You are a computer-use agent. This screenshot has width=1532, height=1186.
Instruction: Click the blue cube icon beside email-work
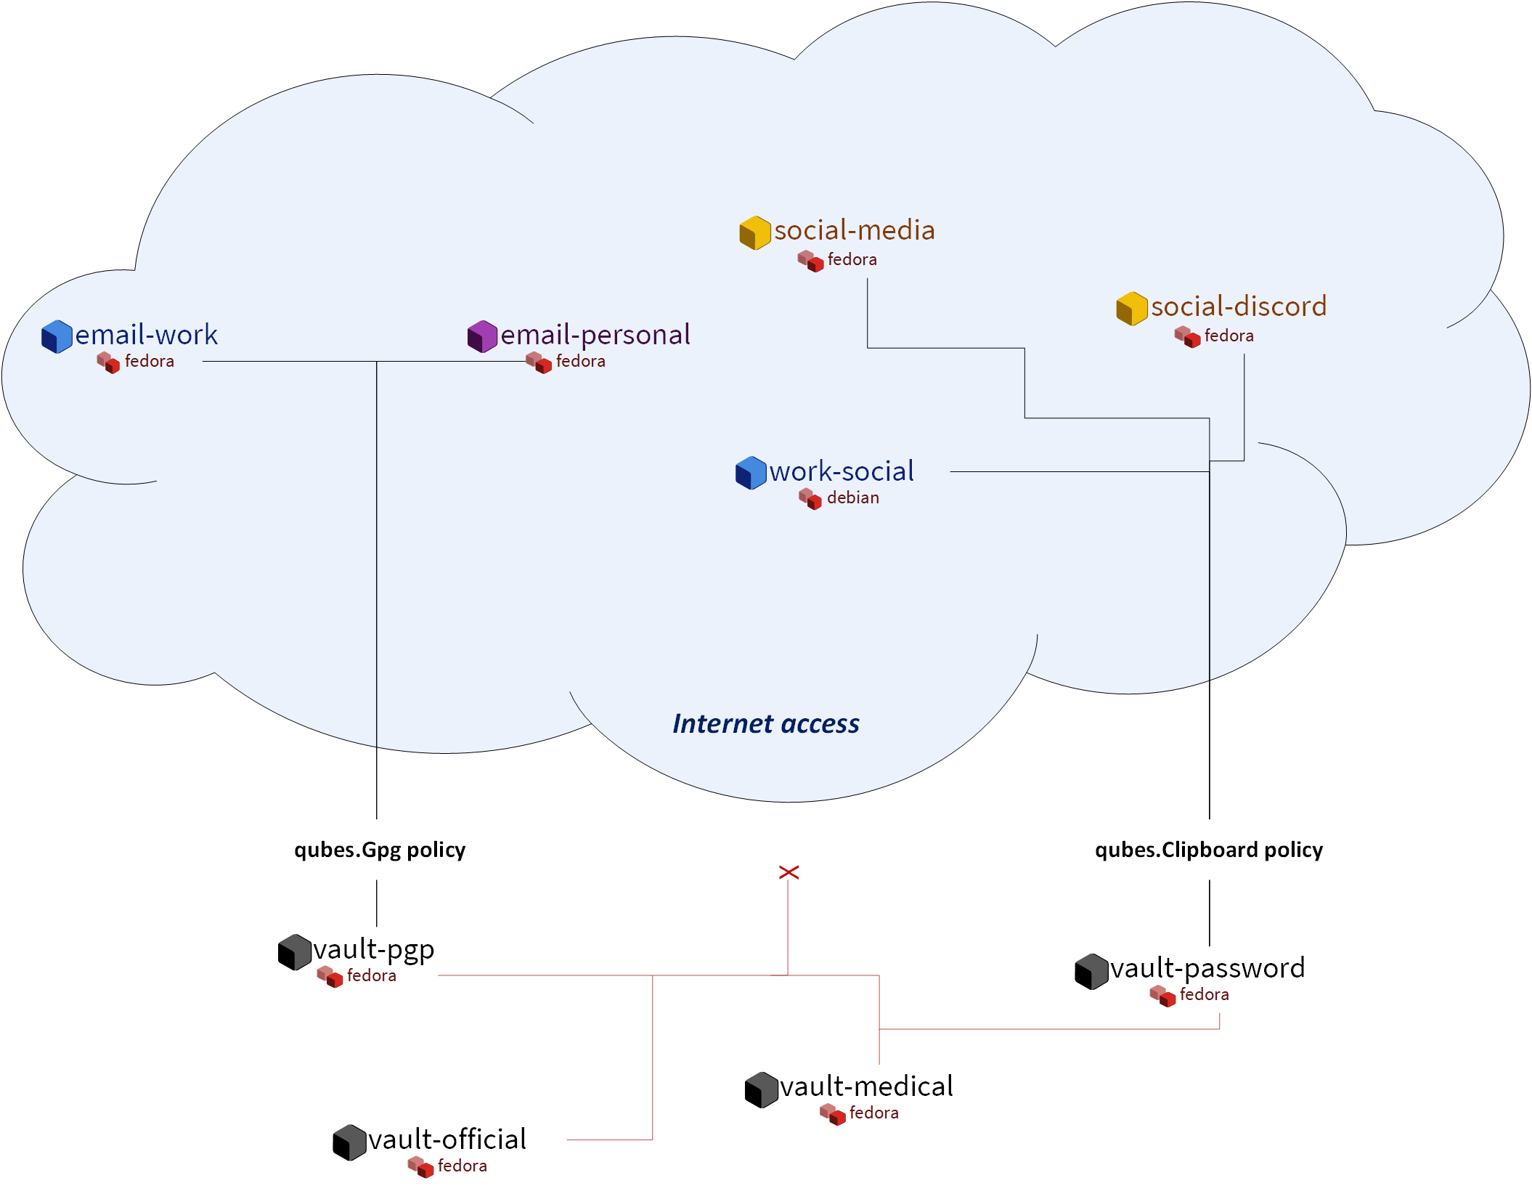coord(57,336)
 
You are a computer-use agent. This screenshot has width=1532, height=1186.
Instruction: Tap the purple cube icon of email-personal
coord(482,336)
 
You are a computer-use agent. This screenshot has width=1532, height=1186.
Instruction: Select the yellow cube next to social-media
coord(754,232)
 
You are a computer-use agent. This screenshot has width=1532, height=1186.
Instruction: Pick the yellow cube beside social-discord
coord(1131,309)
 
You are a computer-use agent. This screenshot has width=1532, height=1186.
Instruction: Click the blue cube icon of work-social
coord(751,473)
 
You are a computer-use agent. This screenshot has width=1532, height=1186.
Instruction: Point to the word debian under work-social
coord(852,498)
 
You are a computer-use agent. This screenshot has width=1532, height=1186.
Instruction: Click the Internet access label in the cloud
coord(765,723)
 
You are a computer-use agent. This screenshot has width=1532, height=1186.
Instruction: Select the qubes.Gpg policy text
coord(379,850)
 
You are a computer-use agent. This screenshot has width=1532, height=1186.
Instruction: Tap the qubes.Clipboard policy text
coord(1208,850)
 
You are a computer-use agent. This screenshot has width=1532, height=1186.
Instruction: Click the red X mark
coord(789,872)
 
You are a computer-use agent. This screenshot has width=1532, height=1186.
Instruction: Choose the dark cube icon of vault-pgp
coord(294,952)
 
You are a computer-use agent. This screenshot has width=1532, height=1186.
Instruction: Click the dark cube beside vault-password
coord(1091,972)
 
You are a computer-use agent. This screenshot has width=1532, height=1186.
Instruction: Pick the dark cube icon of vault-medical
coord(761,1090)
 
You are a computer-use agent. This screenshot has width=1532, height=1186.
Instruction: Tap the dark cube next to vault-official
coord(349,1142)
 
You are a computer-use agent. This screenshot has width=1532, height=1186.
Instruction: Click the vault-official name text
coord(447,1140)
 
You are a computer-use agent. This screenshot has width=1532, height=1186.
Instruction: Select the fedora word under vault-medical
coord(873,1113)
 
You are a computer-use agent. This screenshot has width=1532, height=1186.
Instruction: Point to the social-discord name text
coord(1238,306)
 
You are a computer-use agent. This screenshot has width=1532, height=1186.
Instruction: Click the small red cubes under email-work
coord(108,362)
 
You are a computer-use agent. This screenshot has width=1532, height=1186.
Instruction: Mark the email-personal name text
coord(595,335)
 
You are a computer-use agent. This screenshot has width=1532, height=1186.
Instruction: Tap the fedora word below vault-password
coord(1204,995)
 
